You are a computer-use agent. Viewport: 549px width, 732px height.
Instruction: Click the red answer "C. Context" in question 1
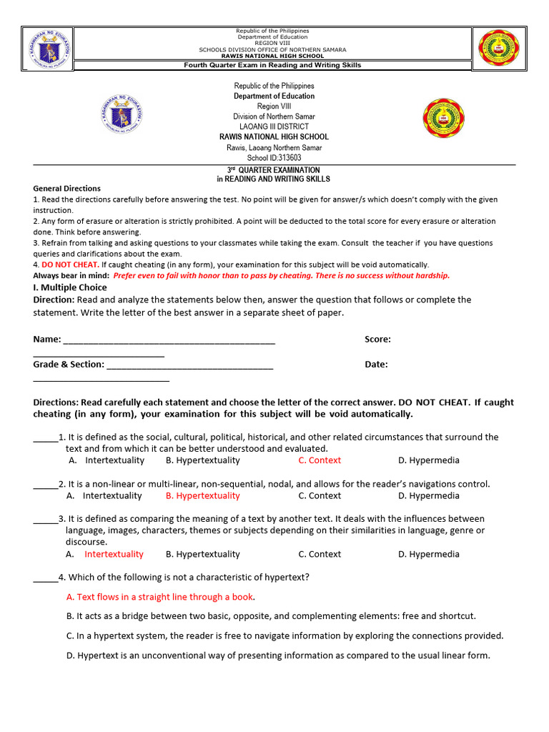[x=320, y=460]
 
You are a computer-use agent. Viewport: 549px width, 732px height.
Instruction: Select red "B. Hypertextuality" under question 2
[x=202, y=495]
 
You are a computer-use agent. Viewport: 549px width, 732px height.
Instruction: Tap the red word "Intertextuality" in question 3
[x=114, y=554]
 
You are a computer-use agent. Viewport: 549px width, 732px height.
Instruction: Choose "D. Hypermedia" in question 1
[x=429, y=460]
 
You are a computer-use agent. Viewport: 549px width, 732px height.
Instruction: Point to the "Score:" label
[x=377, y=340]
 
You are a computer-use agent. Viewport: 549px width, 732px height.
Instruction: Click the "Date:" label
[x=376, y=364]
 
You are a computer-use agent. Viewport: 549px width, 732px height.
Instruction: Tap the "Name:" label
[x=47, y=340]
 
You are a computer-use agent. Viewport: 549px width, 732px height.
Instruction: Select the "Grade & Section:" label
[x=69, y=364]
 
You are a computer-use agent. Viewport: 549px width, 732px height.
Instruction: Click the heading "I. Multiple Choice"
[x=70, y=287]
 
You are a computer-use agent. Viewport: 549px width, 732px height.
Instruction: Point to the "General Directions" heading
[x=67, y=189]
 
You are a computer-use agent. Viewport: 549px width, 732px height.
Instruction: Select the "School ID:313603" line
[x=274, y=158]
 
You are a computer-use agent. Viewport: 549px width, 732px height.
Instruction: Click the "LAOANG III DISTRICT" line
[x=274, y=127]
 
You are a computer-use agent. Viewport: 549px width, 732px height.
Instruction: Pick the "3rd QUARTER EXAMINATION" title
[x=274, y=170]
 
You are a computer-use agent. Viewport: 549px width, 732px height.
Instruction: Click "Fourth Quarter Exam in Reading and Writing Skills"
[x=273, y=65]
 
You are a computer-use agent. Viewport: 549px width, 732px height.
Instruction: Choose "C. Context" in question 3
[x=320, y=554]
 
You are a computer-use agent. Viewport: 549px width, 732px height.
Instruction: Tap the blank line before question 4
[x=45, y=578]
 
